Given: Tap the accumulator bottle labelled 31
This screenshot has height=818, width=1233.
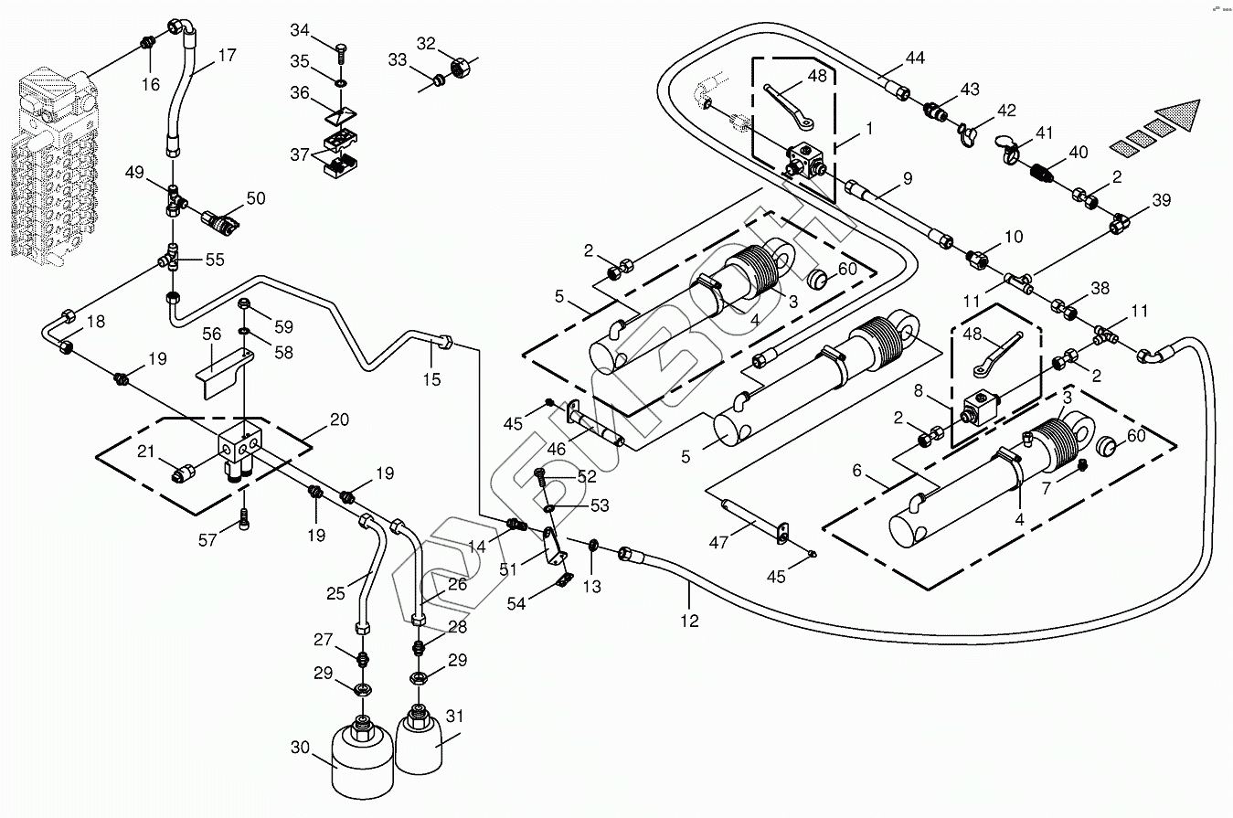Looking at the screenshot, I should pos(424,742).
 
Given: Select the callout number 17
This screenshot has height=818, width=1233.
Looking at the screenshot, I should pos(227,55).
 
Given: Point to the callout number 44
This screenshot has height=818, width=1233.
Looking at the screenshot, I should pos(915,58).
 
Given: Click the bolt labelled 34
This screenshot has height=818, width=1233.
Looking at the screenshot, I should pos(341,48).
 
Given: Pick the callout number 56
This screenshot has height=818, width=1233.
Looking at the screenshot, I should pos(212,335).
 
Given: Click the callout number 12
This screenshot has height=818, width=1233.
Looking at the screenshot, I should pos(689,621).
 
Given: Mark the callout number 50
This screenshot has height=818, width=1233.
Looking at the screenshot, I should pos(255,199).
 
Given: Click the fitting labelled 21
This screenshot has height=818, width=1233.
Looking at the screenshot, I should pos(186,472).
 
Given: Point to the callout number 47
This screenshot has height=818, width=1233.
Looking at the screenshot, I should pos(719,542).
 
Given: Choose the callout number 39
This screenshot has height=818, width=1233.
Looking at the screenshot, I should pos(1161,200).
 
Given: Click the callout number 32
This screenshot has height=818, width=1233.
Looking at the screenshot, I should pos(426,43).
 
